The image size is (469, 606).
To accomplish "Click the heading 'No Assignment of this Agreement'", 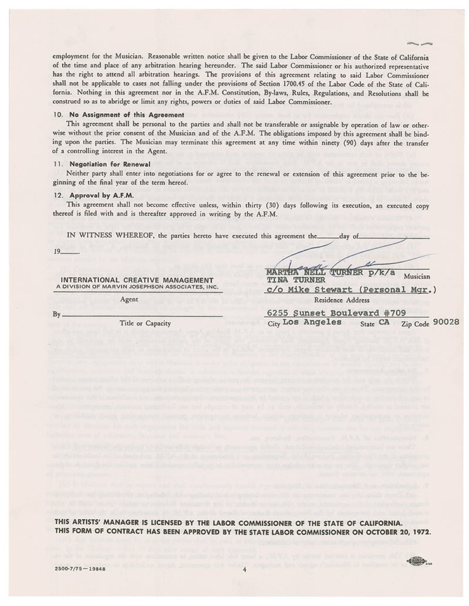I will pyautogui.click(x=126, y=115).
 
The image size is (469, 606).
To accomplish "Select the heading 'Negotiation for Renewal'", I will pyautogui.click(x=110, y=164).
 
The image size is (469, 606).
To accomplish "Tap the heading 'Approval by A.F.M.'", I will pyautogui.click(x=101, y=195).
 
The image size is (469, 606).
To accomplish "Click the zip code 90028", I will pyautogui.click(x=446, y=322).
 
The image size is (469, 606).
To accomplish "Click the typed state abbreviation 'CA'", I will pyautogui.click(x=384, y=322).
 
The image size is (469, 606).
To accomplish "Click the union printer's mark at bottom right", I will pyautogui.click(x=418, y=561).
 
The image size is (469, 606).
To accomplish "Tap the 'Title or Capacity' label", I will pyautogui.click(x=145, y=323).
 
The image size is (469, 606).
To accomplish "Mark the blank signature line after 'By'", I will pyautogui.click(x=141, y=315).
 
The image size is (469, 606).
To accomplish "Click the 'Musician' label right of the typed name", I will pyautogui.click(x=415, y=277).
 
